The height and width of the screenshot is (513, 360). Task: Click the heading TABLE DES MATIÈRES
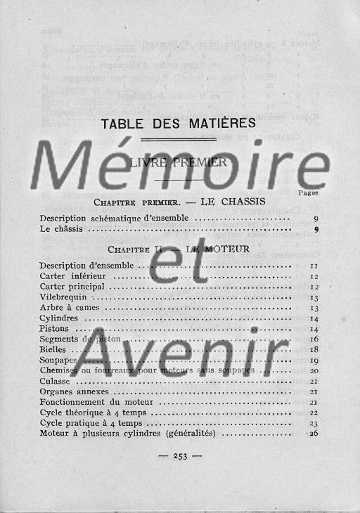178,124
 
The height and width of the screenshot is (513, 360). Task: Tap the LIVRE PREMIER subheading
178,162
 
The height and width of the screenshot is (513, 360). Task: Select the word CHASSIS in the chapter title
233,202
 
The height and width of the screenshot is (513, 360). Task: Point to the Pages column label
308,191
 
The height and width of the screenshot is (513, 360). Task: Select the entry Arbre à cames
70,308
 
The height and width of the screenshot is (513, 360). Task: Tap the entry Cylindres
59,318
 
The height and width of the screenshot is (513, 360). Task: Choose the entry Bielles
53,349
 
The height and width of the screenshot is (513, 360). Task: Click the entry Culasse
54,381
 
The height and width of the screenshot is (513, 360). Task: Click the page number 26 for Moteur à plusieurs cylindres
314,433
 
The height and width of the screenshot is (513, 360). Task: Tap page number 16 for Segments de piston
314,339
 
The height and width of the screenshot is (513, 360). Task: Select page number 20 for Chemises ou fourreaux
314,370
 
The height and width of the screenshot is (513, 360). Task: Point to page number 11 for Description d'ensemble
314,266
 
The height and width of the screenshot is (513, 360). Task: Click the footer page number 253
179,455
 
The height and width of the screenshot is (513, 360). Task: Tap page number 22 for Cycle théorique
314,413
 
